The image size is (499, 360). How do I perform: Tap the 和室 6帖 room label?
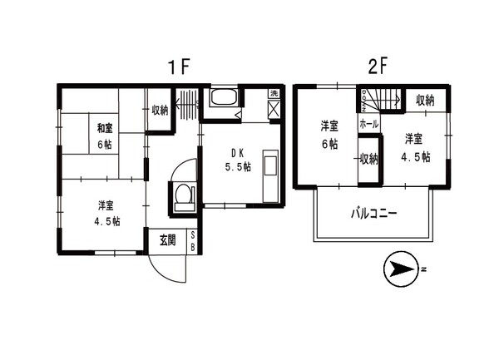[104, 136]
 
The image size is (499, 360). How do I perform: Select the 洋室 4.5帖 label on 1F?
[104, 214]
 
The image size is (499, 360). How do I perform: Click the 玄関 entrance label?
[168, 241]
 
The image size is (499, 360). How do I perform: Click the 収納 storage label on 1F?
[160, 110]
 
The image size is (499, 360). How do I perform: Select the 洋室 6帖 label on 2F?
[330, 135]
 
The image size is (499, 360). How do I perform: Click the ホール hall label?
[368, 124]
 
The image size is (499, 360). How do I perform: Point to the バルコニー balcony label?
[372, 214]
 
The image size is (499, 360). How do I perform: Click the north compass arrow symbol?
[403, 269]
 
